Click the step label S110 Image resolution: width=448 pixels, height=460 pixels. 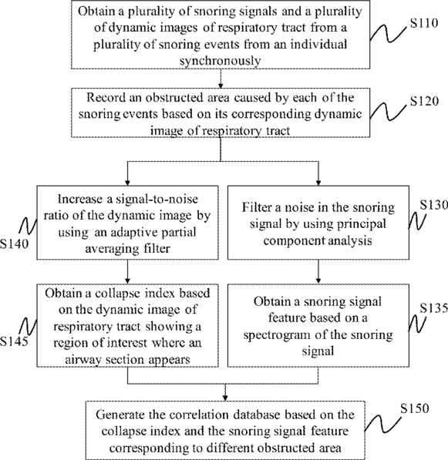(424, 23)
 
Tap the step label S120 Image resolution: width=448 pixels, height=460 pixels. (424, 101)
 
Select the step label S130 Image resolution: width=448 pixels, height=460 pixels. (433, 205)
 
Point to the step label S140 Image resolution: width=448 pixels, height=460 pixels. (14, 243)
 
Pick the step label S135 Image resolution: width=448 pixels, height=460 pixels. (433, 307)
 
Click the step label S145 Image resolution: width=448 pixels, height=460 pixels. (14, 341)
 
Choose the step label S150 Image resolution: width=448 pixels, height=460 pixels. (415, 408)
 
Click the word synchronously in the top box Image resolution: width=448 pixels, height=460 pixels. (221, 61)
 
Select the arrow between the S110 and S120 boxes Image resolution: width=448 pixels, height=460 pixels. (221, 79)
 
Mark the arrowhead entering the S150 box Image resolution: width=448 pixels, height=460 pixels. (225, 398)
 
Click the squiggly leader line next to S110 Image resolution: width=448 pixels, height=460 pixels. (389, 33)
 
